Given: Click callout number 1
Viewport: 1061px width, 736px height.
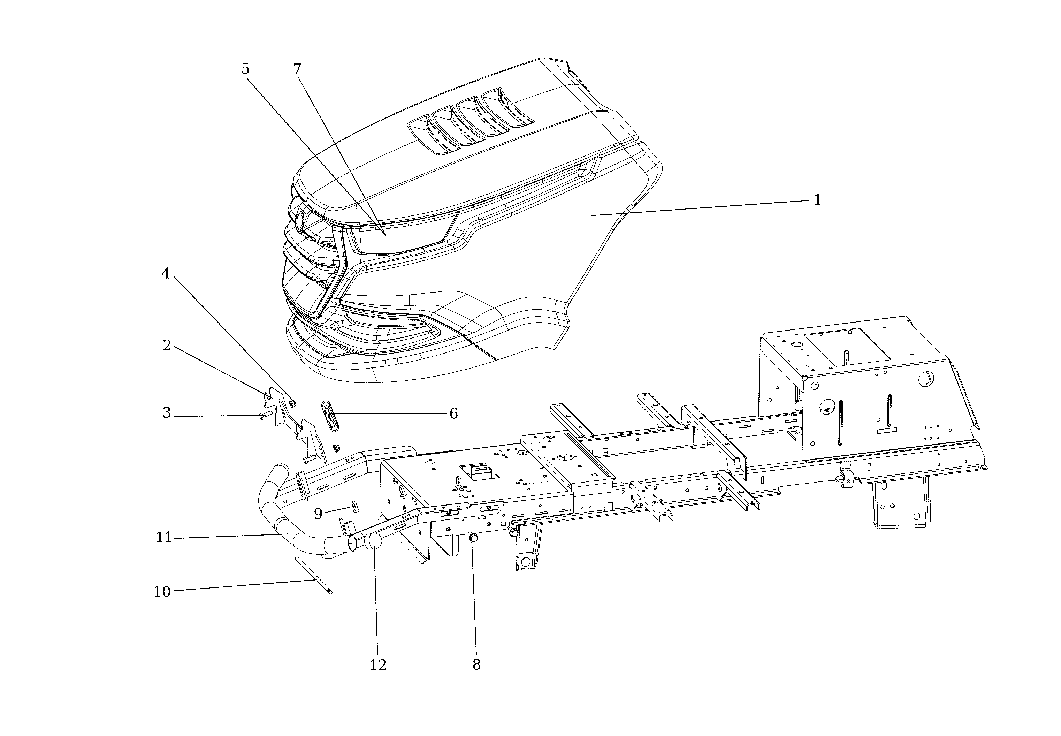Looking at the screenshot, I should tap(817, 200).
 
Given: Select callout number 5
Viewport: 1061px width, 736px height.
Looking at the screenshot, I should tap(245, 69).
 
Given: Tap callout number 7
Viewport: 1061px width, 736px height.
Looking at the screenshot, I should tap(297, 70).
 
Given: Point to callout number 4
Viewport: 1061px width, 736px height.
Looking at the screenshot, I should tap(166, 274).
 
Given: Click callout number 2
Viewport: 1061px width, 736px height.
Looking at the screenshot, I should tap(167, 346).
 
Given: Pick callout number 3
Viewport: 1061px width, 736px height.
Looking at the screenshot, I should tap(166, 413).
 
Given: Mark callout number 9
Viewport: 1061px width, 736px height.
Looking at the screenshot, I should tap(318, 514).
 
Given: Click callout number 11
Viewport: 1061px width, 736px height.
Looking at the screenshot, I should tap(163, 538).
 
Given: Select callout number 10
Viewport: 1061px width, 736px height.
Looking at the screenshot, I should tap(162, 592).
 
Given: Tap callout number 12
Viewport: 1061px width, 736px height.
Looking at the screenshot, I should tap(378, 665).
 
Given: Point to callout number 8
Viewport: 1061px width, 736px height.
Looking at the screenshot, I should tap(476, 665).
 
